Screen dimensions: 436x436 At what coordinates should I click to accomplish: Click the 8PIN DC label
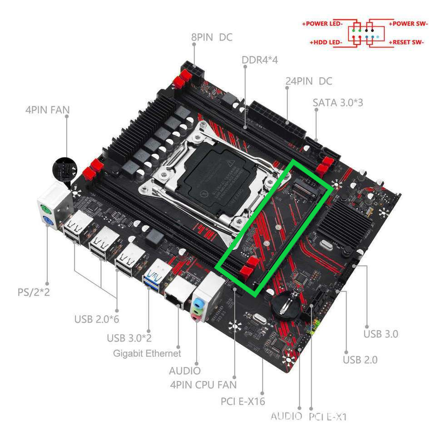click(x=212, y=37)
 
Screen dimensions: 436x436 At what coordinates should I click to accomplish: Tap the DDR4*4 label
click(x=259, y=60)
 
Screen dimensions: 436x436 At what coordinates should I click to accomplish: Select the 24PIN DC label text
click(x=309, y=81)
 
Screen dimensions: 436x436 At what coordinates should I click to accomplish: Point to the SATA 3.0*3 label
click(x=338, y=103)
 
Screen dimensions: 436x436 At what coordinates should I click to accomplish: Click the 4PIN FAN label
click(x=48, y=110)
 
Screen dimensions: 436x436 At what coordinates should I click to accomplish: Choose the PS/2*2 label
click(x=34, y=292)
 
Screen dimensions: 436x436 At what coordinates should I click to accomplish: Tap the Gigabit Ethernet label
click(x=147, y=353)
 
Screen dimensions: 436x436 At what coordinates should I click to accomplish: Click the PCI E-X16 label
click(x=243, y=401)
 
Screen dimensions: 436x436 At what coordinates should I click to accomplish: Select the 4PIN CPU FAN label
click(x=203, y=385)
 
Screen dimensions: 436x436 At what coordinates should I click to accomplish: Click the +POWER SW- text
click(x=408, y=24)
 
